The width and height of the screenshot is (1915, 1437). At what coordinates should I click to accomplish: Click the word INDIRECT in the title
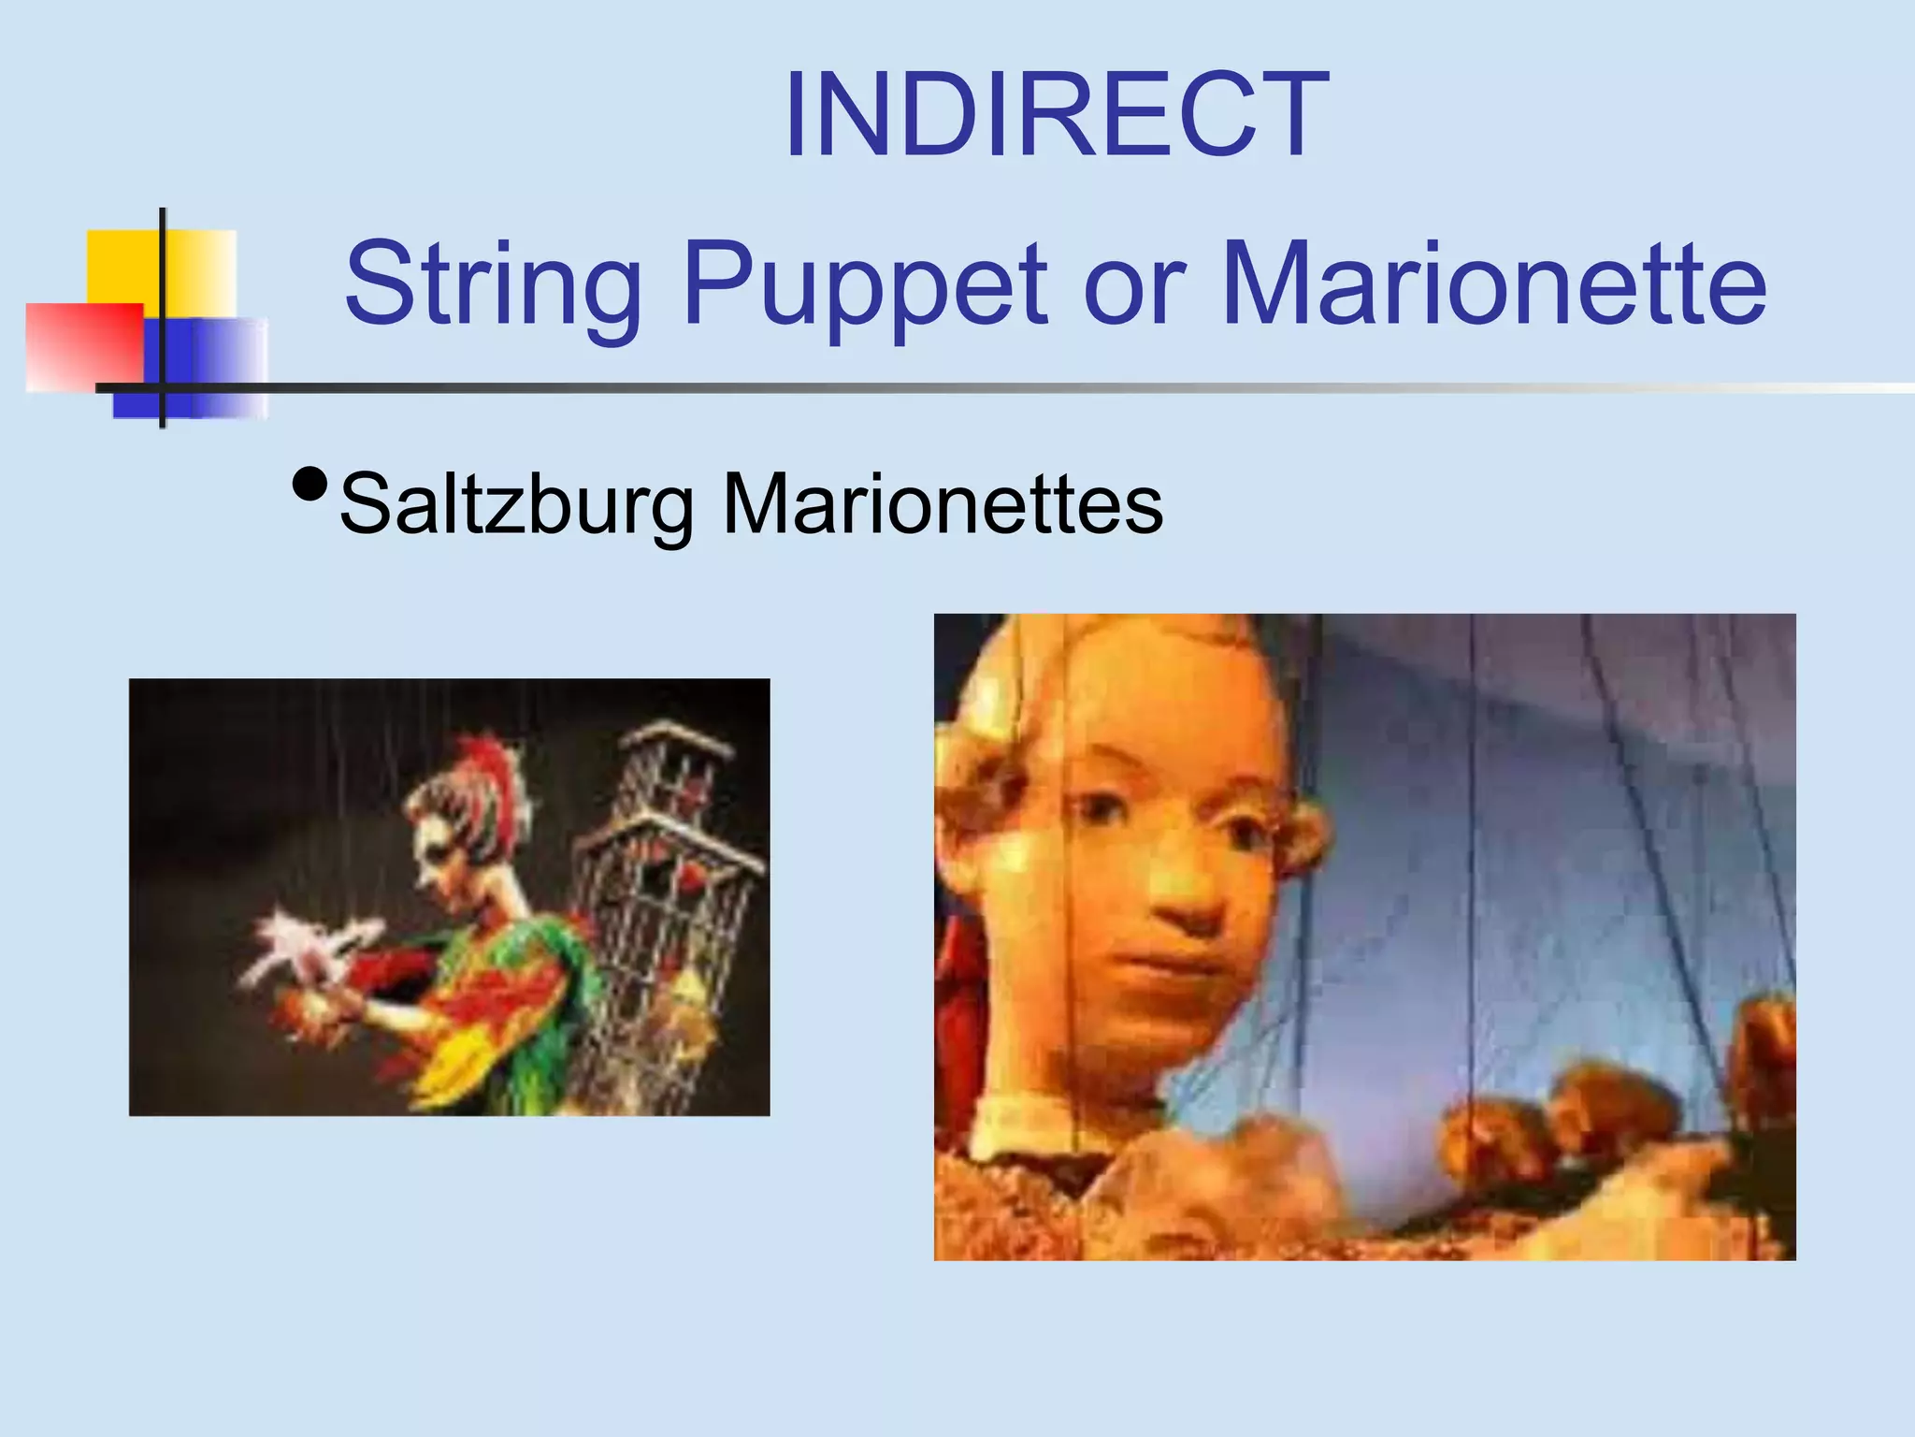[x=1057, y=116]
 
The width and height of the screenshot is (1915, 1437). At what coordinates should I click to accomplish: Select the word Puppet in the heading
[x=866, y=284]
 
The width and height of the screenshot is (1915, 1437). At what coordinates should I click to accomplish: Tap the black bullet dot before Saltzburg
[x=310, y=485]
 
